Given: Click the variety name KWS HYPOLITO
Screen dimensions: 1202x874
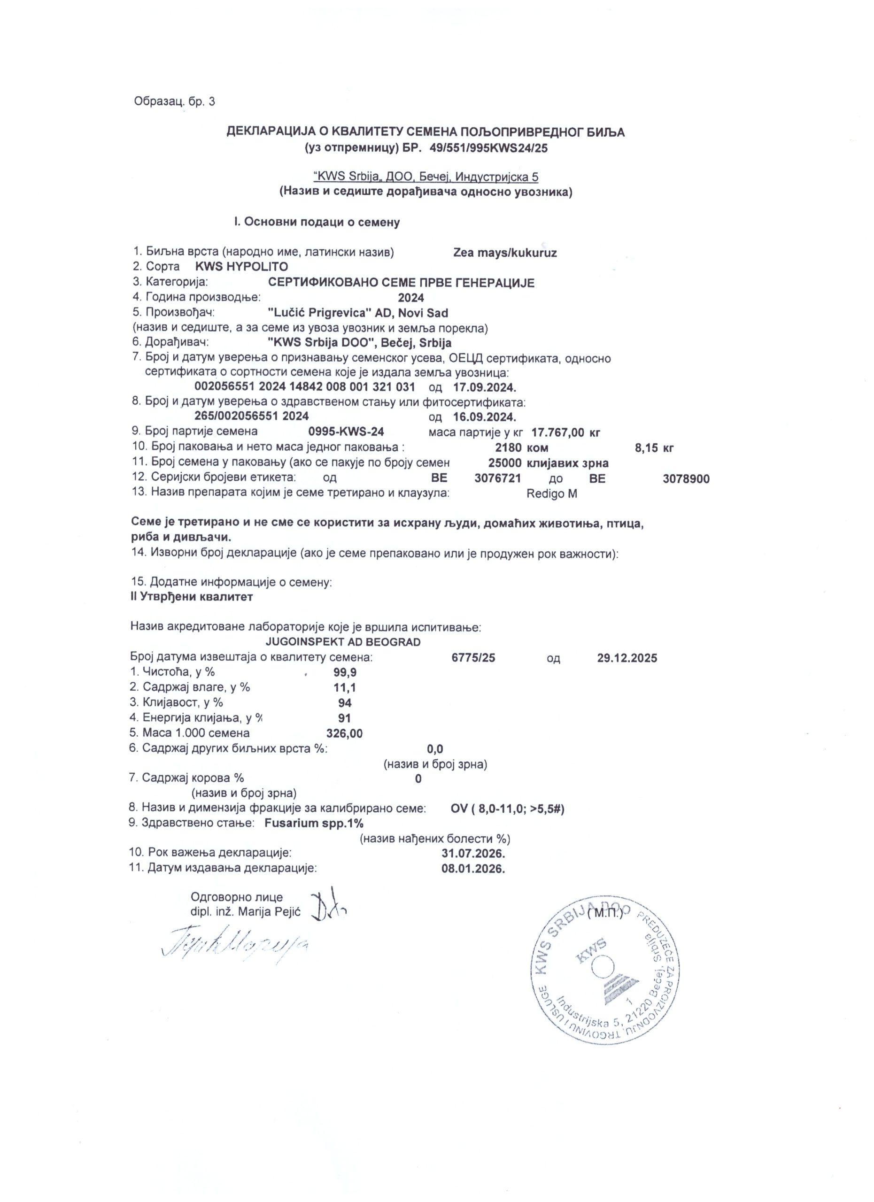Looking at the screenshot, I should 242,266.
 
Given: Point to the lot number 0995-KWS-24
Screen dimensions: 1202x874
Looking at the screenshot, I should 346,431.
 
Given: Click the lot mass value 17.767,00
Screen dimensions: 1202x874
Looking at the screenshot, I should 557,432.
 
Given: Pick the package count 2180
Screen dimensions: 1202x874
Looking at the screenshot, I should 508,448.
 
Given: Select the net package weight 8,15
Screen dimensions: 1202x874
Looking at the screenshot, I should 646,448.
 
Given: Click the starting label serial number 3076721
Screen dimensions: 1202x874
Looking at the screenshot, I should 498,478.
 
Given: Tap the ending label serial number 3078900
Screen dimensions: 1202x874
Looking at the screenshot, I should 686,479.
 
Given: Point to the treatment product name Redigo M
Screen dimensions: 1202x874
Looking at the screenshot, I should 552,493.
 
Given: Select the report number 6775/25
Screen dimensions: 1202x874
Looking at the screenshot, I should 473,658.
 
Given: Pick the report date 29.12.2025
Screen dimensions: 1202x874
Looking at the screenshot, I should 627,658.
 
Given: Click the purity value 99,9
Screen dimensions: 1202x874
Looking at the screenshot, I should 345,672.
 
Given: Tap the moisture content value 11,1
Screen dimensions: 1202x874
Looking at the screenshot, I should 345,688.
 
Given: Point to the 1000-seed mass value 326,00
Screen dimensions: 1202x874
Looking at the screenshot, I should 345,733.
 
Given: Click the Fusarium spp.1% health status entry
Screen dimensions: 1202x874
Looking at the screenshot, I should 314,823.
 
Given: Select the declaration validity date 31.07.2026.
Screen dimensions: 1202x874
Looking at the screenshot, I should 473,853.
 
